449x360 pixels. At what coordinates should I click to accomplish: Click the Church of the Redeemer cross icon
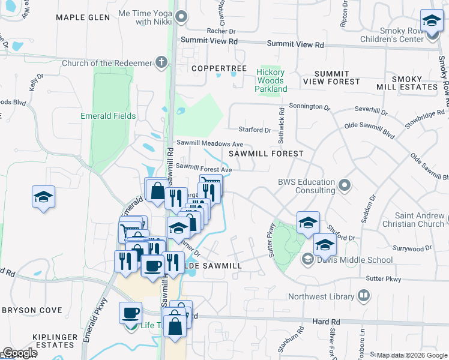click(161, 61)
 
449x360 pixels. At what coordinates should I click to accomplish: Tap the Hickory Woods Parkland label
click(270, 80)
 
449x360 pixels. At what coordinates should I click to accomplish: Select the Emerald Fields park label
click(109, 116)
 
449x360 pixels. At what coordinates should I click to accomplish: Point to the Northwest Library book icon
click(363, 296)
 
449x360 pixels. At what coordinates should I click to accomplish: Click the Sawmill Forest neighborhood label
click(266, 154)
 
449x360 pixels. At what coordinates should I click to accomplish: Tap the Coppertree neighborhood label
click(219, 68)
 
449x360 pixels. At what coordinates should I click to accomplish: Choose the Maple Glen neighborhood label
click(83, 17)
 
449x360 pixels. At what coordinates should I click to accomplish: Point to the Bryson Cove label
click(32, 310)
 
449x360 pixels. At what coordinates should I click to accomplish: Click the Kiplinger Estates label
click(40, 341)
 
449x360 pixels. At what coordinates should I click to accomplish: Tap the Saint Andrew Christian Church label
click(420, 220)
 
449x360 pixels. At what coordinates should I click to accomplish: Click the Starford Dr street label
click(250, 130)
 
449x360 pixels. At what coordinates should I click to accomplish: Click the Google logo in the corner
click(19, 353)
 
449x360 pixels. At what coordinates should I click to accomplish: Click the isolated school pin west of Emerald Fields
click(44, 197)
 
